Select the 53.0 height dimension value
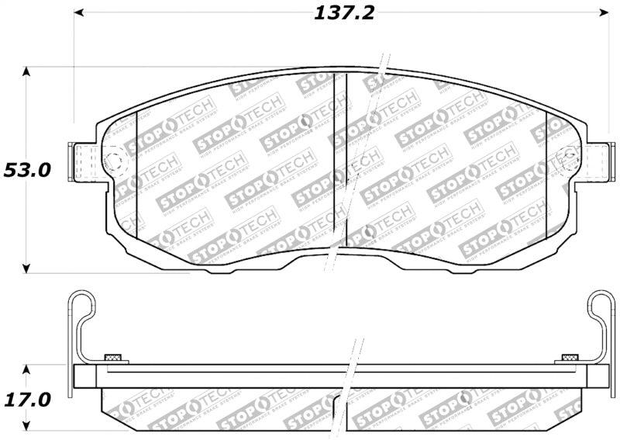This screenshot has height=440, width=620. click(x=26, y=170)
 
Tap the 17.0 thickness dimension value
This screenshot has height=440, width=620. click(x=26, y=400)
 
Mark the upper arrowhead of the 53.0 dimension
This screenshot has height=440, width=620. click(x=27, y=72)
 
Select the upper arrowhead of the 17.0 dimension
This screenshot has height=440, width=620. click(x=27, y=370)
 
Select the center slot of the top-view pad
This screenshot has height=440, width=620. click(x=339, y=155)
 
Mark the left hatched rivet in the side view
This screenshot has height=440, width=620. click(x=113, y=358)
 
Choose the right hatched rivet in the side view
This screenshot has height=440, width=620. click(x=570, y=358)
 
